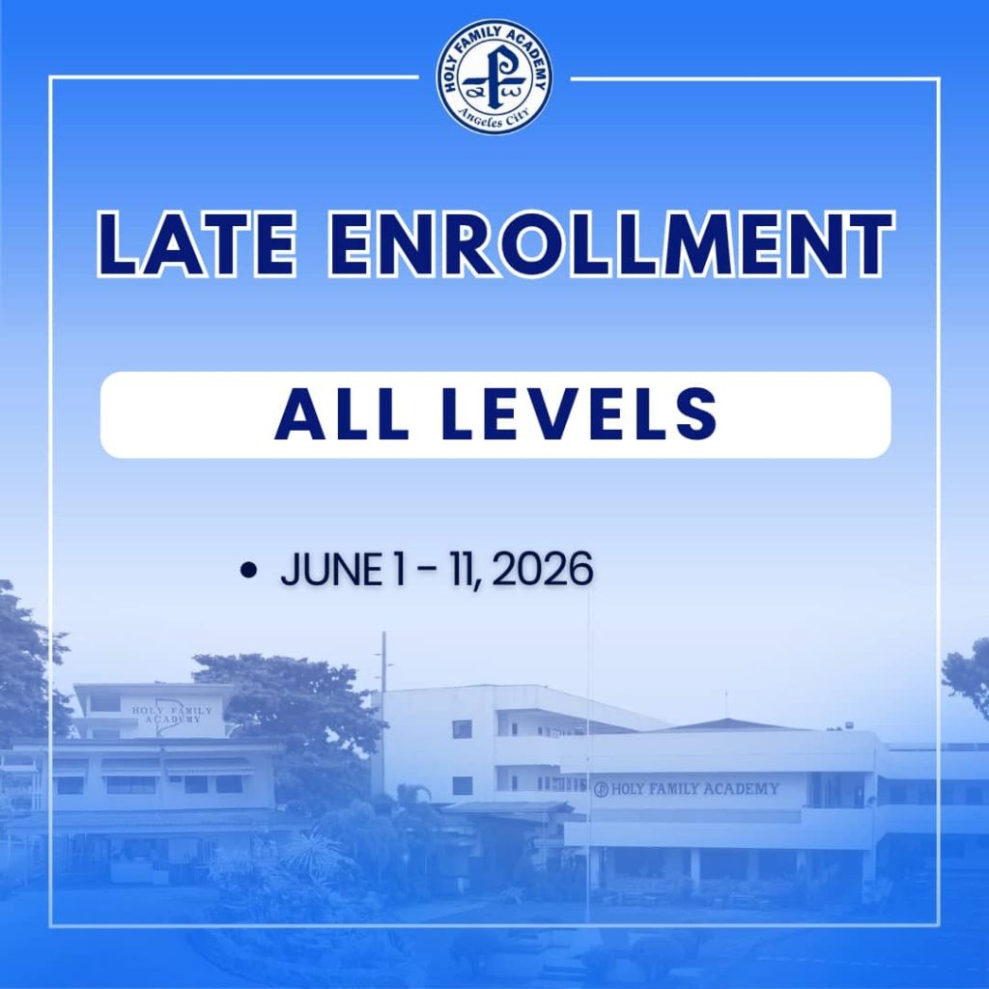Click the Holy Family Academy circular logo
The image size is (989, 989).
[x=494, y=76]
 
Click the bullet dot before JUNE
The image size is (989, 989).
[x=249, y=572]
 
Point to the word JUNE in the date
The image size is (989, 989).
[x=329, y=571]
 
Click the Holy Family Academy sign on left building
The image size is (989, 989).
[x=166, y=715]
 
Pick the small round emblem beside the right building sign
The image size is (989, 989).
[x=601, y=790]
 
